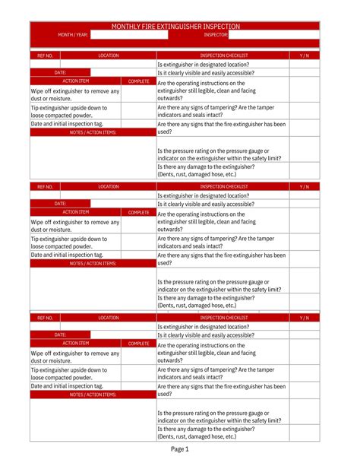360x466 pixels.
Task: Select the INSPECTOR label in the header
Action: [216, 35]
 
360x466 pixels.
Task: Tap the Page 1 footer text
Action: [179, 449]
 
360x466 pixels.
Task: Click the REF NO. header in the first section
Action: [45, 55]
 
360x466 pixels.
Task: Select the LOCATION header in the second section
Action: [109, 186]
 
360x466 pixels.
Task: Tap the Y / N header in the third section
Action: [305, 317]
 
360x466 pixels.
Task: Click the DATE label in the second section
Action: [60, 203]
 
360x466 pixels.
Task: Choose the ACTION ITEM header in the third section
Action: [76, 343]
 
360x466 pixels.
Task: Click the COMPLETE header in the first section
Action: [139, 81]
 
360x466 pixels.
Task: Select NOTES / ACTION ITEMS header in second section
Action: [93, 263]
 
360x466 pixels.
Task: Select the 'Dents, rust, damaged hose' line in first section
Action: [197, 174]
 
